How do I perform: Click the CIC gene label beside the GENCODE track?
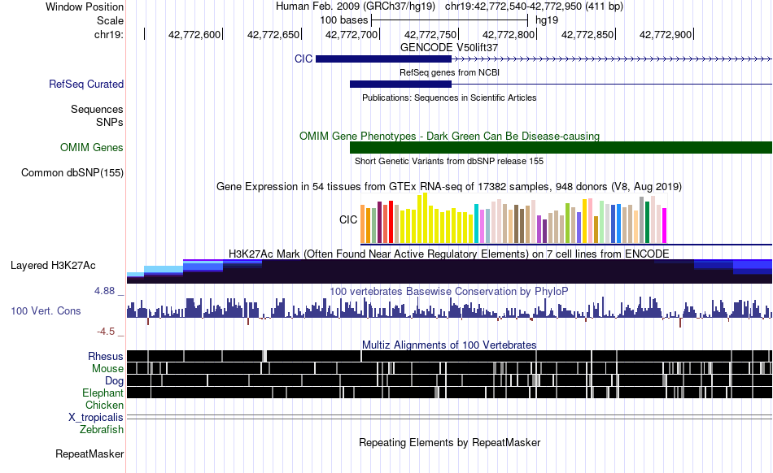click(304, 59)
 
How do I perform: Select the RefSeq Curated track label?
click(86, 85)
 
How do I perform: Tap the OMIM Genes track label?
click(92, 148)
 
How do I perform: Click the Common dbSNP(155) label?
click(72, 173)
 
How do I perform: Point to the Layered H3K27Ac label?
click(53, 265)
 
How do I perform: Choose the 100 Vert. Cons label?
click(46, 311)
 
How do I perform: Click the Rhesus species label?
click(106, 356)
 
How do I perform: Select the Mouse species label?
click(107, 369)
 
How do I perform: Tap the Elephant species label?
click(103, 393)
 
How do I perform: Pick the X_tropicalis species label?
click(96, 418)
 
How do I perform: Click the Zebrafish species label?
click(102, 430)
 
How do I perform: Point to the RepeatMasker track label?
click(90, 453)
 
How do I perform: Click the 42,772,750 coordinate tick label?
click(430, 34)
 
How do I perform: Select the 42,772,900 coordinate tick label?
click(666, 34)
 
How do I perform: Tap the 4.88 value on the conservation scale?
click(104, 291)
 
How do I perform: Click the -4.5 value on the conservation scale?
click(106, 332)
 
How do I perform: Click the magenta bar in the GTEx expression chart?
click(664, 225)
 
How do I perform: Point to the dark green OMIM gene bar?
click(561, 147)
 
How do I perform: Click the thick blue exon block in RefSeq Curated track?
click(400, 85)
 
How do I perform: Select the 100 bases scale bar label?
click(344, 20)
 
